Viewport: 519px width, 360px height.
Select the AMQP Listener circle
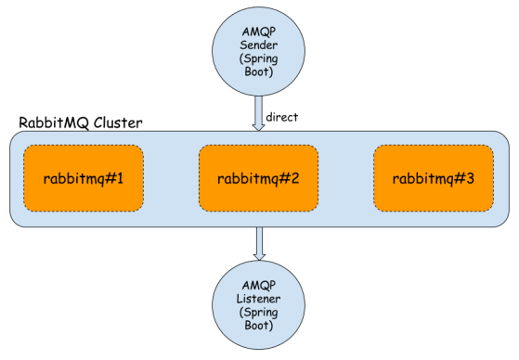[259, 305]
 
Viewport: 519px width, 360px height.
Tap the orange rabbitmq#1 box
[84, 177]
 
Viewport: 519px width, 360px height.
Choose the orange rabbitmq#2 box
[259, 177]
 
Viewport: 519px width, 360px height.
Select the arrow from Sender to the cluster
[259, 112]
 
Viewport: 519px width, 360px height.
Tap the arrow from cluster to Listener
[259, 243]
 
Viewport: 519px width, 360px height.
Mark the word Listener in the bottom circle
[259, 300]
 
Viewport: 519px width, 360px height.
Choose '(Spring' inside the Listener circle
[259, 313]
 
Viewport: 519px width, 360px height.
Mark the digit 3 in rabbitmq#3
[471, 177]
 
